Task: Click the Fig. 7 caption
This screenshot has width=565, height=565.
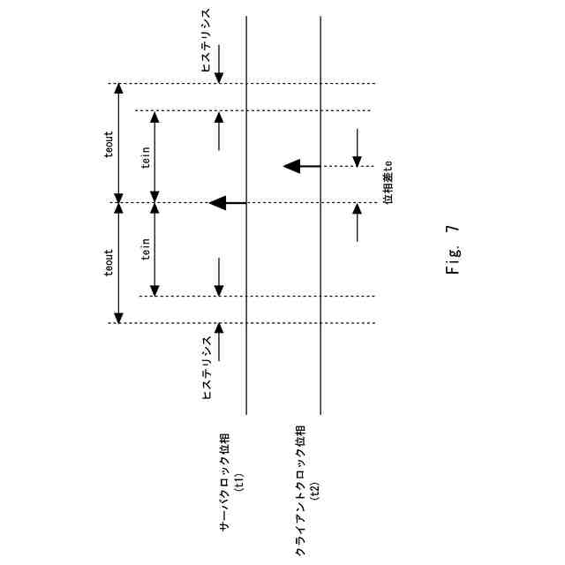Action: pyautogui.click(x=453, y=250)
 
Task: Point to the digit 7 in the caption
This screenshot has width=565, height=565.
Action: pyautogui.click(x=453, y=229)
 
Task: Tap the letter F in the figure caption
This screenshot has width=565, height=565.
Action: pyautogui.click(x=453, y=269)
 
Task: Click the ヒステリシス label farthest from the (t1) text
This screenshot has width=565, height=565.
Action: pyautogui.click(x=206, y=40)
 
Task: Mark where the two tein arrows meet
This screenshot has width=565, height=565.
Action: pyautogui.click(x=154, y=204)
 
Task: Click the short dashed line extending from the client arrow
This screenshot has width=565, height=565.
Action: pyautogui.click(x=349, y=165)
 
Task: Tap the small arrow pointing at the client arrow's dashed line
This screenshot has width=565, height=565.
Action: pyautogui.click(x=358, y=147)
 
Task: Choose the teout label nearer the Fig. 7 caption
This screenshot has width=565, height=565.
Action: pyautogui.click(x=109, y=261)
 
